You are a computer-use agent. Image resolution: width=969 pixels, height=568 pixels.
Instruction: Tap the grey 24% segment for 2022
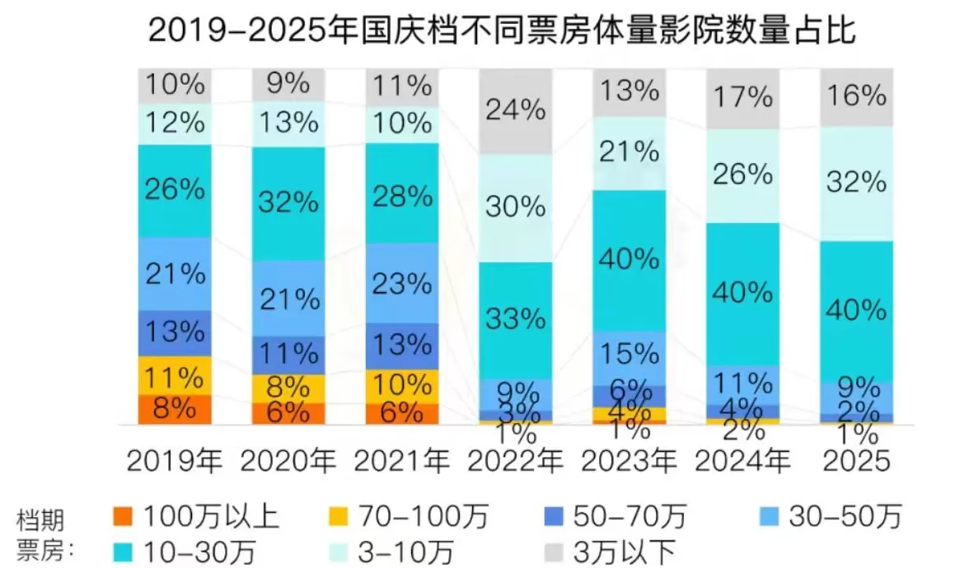tap(516, 110)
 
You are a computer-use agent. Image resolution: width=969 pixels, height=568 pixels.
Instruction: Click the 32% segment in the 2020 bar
tap(288, 202)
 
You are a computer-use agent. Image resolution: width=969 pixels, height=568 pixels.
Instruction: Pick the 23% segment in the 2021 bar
tap(401, 283)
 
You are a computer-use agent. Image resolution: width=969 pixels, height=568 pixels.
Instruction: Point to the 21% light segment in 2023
tap(629, 152)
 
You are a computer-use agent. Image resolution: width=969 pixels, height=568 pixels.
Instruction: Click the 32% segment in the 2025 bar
tap(856, 183)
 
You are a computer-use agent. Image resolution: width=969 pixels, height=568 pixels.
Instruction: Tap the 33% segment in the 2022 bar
tap(516, 319)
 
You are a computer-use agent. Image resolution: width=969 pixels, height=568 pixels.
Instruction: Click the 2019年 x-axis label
tap(175, 462)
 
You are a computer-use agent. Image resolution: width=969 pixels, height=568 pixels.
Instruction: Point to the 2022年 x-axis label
tap(516, 462)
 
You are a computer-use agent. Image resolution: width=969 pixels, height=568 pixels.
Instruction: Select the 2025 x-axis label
tap(856, 462)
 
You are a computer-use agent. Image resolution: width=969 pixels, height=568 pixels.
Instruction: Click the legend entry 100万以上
tap(197, 517)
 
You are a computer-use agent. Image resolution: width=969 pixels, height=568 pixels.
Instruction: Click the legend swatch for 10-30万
tap(123, 550)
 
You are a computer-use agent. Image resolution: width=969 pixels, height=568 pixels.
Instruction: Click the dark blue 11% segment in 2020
tap(288, 355)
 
